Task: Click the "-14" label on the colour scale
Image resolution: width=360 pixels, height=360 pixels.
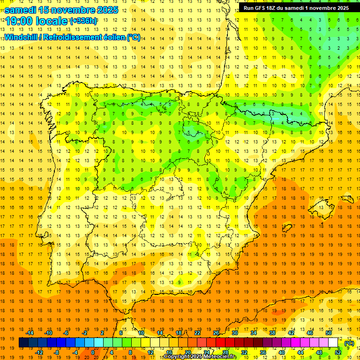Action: pyautogui.click(x=30, y=333)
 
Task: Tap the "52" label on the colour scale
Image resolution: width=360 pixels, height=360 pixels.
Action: pyautogui.click(x=337, y=352)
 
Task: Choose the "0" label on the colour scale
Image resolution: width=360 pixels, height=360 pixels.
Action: pyautogui.click(x=93, y=352)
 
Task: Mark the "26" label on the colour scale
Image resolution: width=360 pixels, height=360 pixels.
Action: pyautogui.click(x=216, y=333)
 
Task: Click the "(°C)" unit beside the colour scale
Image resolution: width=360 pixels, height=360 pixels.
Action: pyautogui.click(x=349, y=343)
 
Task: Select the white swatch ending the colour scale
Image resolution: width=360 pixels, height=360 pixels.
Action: pyautogui.click(x=333, y=343)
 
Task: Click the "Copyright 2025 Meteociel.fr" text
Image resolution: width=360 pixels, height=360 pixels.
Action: pyautogui.click(x=199, y=357)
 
